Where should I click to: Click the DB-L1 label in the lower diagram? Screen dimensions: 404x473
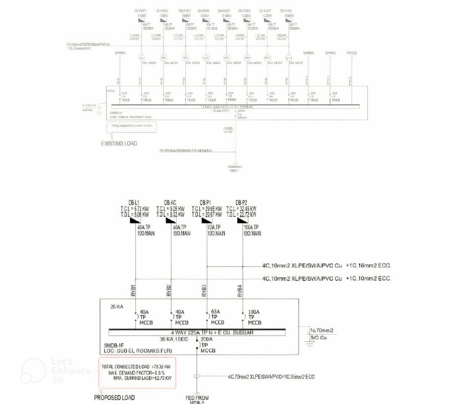point(134,202)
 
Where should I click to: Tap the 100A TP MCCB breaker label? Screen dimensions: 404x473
point(252,317)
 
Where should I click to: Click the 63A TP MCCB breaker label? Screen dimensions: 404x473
point(216,317)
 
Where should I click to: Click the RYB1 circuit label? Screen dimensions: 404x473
point(133,289)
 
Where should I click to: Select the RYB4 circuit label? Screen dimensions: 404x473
point(240,289)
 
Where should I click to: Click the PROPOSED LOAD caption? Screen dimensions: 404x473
point(115,398)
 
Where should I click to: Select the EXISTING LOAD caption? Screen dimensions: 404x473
point(119,143)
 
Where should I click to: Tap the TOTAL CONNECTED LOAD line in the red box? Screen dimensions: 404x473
point(133,367)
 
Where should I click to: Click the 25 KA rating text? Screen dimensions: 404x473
point(117,307)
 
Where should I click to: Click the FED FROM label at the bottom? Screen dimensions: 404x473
point(197,398)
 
